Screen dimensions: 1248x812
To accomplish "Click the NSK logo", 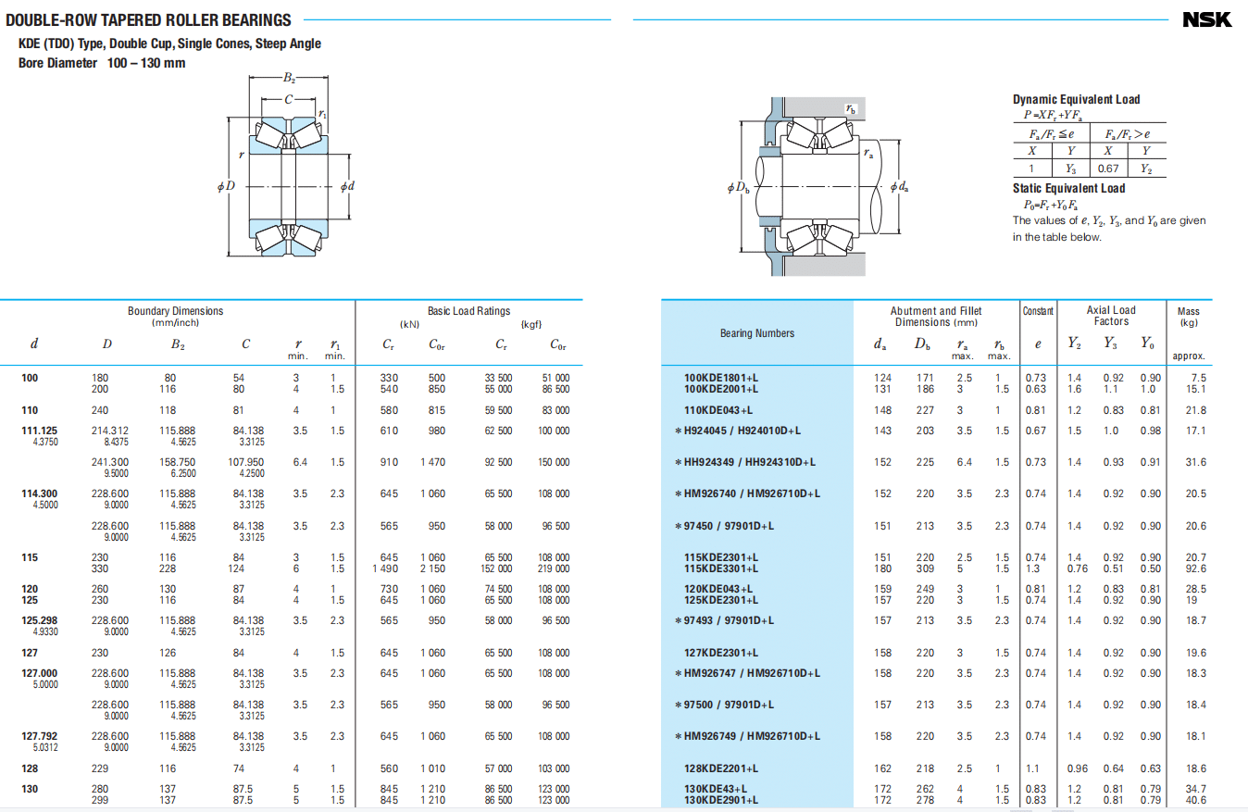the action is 1206,19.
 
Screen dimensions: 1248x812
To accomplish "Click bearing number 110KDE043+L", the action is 718,410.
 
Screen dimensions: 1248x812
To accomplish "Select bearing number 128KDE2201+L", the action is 721,768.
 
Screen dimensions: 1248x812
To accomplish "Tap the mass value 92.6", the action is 1195,568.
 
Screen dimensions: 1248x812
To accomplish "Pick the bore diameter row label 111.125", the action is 39,431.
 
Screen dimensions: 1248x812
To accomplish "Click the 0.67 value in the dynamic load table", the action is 1107,169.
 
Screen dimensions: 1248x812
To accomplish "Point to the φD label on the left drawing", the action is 226,186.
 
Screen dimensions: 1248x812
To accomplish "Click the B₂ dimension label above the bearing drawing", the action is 289,78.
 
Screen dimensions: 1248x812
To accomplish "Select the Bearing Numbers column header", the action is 757,333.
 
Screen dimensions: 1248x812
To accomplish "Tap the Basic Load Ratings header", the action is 468,311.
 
